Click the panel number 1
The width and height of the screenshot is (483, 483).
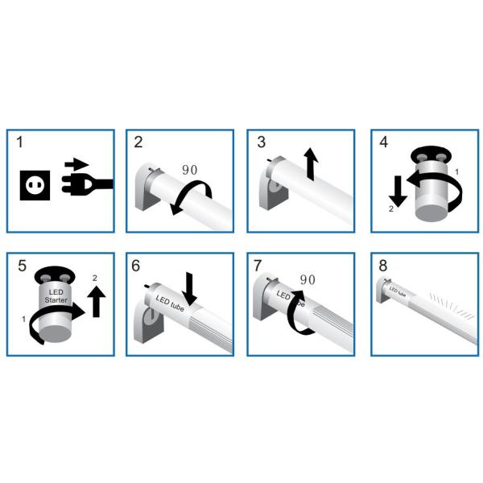click(19, 142)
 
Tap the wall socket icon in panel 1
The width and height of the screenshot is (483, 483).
click(35, 184)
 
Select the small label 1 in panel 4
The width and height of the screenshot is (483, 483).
click(458, 172)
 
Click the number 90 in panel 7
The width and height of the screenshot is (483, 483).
click(307, 279)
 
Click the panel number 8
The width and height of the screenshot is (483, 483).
click(382, 264)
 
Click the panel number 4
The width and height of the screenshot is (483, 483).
click(383, 142)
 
